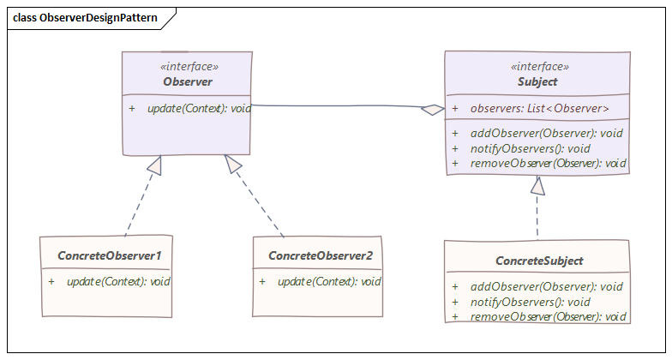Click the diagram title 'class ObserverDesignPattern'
[85, 17]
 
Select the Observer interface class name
[187, 82]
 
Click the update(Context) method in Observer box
[199, 108]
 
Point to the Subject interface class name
[537, 82]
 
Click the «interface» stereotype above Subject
[539, 67]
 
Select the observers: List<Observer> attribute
[540, 109]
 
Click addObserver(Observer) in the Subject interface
[546, 133]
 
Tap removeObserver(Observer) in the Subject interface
[549, 163]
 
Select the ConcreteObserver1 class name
[109, 255]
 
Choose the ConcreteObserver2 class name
[321, 255]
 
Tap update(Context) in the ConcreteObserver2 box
[329, 281]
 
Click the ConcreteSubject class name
[539, 261]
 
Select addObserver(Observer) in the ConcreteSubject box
[546, 286]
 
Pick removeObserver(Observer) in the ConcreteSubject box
[549, 316]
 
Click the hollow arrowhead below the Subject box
[537, 184]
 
